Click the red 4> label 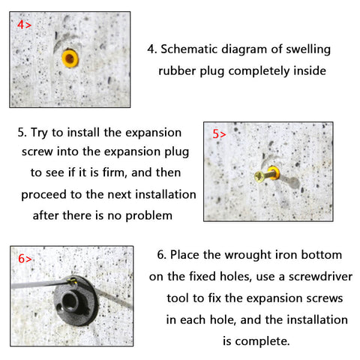coord(24,25)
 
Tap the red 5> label coord(219,134)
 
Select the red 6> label coord(25,259)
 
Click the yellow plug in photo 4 coord(70,58)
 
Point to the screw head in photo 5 coord(259,176)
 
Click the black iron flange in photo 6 coord(75,301)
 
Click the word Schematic coord(189,49)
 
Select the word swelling coord(308,49)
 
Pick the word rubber coord(177,70)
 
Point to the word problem coord(148,216)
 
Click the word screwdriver coord(320,277)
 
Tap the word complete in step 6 coord(262,341)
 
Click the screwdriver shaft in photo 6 coord(40,284)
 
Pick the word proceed coord(44,195)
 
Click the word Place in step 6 coord(184,255)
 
